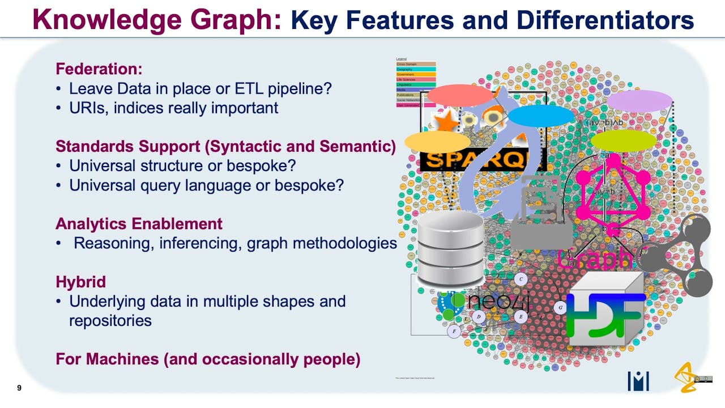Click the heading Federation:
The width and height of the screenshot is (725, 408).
pos(99,69)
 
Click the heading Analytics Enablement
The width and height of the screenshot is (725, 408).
pos(139,224)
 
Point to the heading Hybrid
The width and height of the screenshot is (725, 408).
pos(80,282)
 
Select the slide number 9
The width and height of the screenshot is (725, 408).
pos(20,388)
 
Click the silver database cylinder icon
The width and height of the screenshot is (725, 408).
pos(450,249)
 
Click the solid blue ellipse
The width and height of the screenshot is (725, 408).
pos(541,116)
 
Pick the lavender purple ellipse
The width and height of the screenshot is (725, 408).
pos(639,101)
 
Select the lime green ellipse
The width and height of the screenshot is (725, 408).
pos(623,141)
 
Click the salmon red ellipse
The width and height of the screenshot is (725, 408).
pos(460,96)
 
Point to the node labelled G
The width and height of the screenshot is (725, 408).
pos(560,308)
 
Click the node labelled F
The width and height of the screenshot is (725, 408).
pos(454,331)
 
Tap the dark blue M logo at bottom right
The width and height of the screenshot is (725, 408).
pos(638,381)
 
